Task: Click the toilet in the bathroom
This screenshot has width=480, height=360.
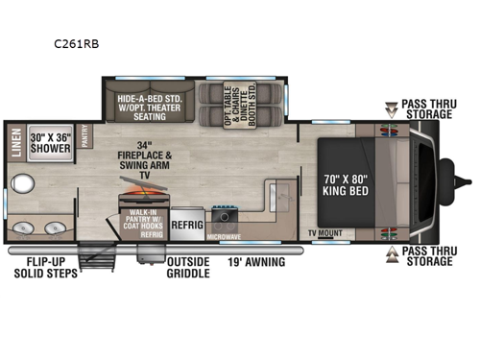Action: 22,185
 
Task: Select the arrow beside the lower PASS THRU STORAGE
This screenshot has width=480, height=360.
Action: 391,253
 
